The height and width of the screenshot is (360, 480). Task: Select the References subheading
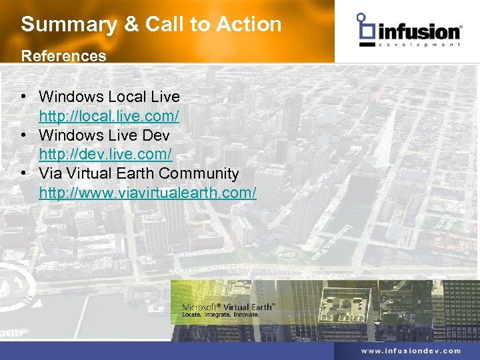point(63,56)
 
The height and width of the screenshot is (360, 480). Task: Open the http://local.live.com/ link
point(109,116)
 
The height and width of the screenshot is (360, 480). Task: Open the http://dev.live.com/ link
point(105,155)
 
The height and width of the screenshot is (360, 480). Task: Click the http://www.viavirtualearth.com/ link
point(147,193)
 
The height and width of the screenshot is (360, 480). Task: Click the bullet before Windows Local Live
point(23,97)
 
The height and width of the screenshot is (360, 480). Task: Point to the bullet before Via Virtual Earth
point(23,174)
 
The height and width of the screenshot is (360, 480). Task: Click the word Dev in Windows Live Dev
point(156,135)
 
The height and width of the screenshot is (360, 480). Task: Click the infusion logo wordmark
point(419,31)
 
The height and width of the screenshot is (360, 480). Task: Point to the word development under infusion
point(419,45)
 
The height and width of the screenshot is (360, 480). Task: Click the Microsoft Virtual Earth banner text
point(229,307)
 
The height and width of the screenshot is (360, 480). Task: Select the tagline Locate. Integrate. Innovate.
point(220,313)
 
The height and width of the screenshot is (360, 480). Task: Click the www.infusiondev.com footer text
point(411,351)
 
